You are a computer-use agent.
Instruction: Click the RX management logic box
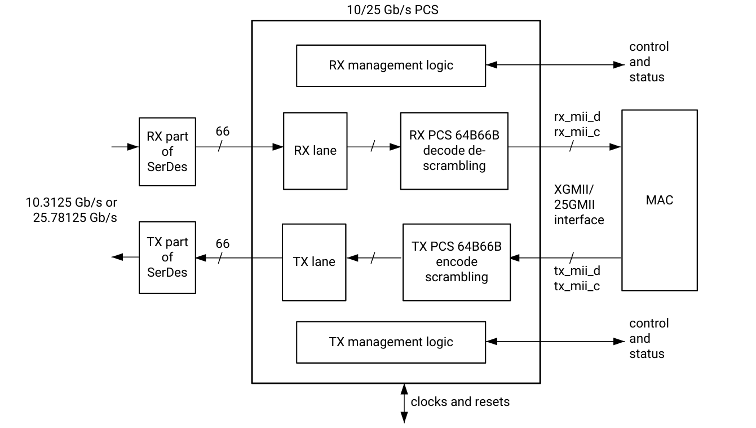(391, 65)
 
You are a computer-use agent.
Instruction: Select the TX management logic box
(391, 342)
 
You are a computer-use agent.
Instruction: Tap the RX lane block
(315, 151)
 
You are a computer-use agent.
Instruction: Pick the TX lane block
(314, 262)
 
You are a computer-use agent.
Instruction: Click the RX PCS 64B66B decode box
(454, 151)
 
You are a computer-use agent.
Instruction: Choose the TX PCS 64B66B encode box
(456, 262)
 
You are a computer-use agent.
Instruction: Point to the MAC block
(659, 200)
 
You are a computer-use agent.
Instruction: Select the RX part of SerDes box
(167, 151)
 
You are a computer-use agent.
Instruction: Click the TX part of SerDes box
(167, 257)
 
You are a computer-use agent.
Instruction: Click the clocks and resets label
(460, 402)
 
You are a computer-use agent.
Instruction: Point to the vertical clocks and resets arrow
(404, 403)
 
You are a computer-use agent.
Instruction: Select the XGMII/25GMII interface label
(579, 204)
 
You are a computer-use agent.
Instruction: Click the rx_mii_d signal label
(577, 117)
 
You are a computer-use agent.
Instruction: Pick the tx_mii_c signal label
(577, 286)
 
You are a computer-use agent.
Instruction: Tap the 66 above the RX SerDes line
(223, 132)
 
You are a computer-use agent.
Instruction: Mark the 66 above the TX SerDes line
(223, 243)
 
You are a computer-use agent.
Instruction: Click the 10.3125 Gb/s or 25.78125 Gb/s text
(72, 209)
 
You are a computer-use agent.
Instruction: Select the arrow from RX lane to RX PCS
(373, 147)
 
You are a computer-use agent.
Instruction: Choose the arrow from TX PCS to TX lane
(374, 258)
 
